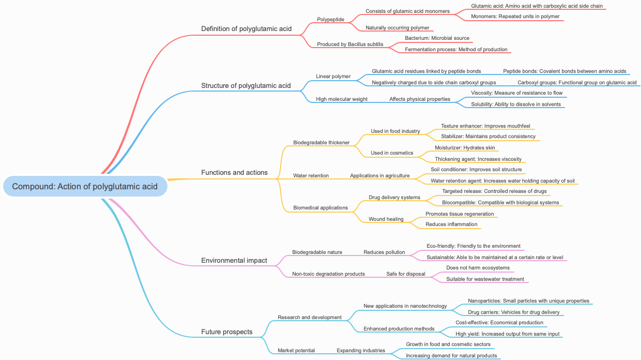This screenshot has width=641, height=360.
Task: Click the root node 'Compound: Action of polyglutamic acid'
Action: [x=85, y=187]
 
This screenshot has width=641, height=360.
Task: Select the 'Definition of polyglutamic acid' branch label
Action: [x=246, y=28]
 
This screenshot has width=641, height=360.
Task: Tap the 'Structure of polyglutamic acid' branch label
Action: [x=246, y=85]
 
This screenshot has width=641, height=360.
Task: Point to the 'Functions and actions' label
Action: [x=234, y=172]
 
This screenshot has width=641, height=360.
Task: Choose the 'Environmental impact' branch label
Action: [x=234, y=260]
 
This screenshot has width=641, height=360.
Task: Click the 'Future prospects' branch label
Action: [x=227, y=332]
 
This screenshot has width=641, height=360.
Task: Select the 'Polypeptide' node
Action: [x=330, y=20]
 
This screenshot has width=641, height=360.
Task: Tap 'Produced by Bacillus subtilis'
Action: [x=350, y=44]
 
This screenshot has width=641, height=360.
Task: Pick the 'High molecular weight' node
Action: [x=342, y=99]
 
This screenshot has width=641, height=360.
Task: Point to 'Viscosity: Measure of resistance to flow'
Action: [x=516, y=93]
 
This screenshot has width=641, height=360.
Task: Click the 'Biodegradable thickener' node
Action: [x=322, y=143]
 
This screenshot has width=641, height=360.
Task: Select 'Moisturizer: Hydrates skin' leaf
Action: [x=465, y=148]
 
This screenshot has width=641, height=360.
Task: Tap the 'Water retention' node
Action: [x=311, y=176]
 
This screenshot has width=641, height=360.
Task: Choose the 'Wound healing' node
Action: [x=386, y=219]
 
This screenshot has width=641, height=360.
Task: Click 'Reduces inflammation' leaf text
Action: [x=451, y=224]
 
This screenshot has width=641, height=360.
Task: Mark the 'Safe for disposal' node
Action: [x=406, y=274]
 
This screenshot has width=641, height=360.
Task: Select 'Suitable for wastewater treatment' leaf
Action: [x=485, y=279]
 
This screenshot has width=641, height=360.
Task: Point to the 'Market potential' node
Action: [x=296, y=351]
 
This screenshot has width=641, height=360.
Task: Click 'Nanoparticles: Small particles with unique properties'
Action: [x=528, y=301]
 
